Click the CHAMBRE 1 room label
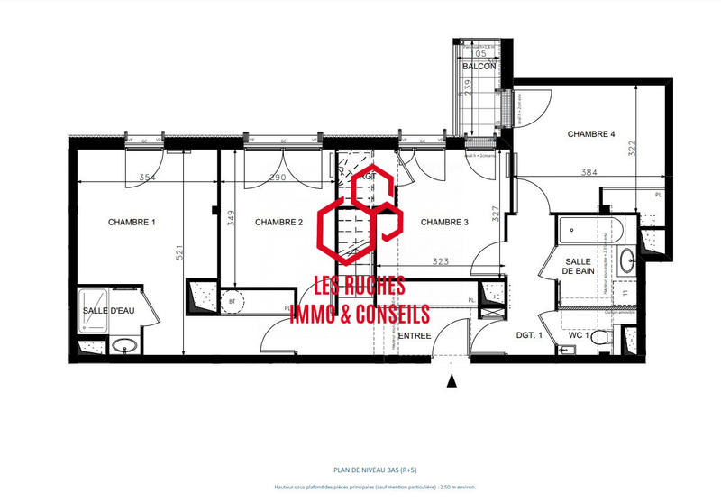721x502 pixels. click(132, 223)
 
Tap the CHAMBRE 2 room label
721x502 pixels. click(278, 223)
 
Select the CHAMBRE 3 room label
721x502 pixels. click(445, 223)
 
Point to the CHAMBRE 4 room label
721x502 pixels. click(591, 134)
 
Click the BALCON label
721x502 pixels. click(479, 67)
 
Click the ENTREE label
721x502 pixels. click(415, 336)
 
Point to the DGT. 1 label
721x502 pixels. click(529, 336)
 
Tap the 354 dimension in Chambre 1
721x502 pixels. click(148, 178)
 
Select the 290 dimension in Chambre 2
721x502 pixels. click(278, 178)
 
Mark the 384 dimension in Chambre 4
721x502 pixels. click(589, 172)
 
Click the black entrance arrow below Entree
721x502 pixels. click(452, 381)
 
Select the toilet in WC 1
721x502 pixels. click(608, 339)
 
